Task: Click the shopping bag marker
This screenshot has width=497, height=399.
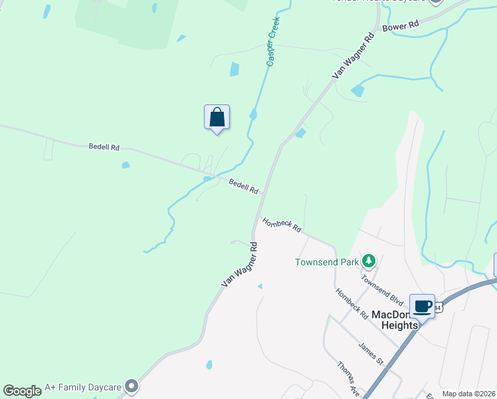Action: [217, 118]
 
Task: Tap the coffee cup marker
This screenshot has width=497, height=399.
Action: [422, 307]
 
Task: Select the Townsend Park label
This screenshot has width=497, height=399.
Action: [327, 262]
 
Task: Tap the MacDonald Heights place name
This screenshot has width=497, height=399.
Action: [396, 319]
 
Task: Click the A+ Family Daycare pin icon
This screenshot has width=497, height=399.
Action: [132, 386]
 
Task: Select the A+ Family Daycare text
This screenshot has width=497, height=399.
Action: [83, 386]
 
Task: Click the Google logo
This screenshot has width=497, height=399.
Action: [22, 390]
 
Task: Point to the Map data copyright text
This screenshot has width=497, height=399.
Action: [468, 394]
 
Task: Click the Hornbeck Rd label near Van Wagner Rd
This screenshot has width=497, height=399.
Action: [282, 225]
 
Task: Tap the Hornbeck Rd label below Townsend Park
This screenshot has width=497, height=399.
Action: [351, 303]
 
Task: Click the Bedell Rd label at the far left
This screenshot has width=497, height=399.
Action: [104, 146]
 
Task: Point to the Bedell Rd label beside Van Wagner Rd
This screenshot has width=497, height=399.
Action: [243, 186]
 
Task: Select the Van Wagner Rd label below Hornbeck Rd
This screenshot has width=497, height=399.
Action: [239, 265]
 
